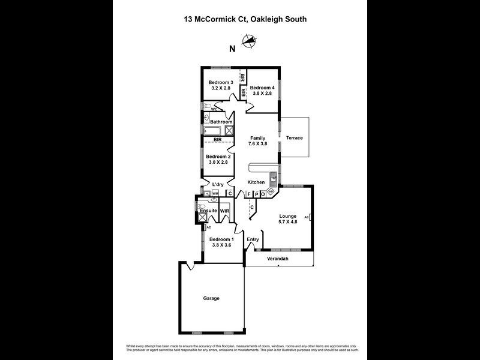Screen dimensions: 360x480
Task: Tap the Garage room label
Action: coord(211,298)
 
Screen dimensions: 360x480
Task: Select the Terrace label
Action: coord(294,138)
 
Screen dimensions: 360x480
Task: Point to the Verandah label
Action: coord(278,259)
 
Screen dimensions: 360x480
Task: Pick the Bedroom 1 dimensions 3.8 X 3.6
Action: coord(220,245)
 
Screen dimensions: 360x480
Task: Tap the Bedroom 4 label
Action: coord(262,88)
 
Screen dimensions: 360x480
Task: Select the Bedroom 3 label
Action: coord(220,82)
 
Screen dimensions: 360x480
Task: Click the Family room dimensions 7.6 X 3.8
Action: coord(257,144)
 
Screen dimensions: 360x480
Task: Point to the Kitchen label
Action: coord(256,182)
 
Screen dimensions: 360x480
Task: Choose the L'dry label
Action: coord(218,184)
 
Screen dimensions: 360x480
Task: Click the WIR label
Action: coord(224,212)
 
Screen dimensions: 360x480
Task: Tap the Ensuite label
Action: coord(208,211)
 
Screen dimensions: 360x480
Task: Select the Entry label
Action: coord(253,239)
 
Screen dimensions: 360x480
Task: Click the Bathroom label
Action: coord(221,122)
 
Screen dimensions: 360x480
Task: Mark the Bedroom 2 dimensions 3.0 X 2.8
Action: coord(217,162)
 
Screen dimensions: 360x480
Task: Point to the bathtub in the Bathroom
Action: coord(213,131)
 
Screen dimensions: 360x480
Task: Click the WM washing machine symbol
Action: coord(215,194)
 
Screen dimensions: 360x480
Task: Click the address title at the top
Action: coord(245,19)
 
